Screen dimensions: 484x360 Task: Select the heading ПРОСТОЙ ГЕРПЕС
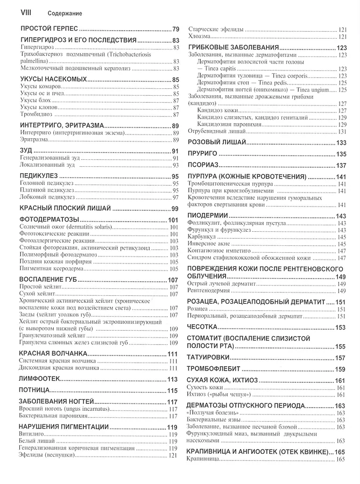[49, 28]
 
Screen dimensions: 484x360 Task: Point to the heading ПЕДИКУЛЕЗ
[38, 176]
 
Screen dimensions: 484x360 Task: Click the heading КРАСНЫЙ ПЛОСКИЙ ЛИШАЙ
[65, 208]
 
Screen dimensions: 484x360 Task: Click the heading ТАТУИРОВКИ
[210, 358]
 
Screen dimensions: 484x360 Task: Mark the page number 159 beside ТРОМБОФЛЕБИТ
[340, 369]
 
